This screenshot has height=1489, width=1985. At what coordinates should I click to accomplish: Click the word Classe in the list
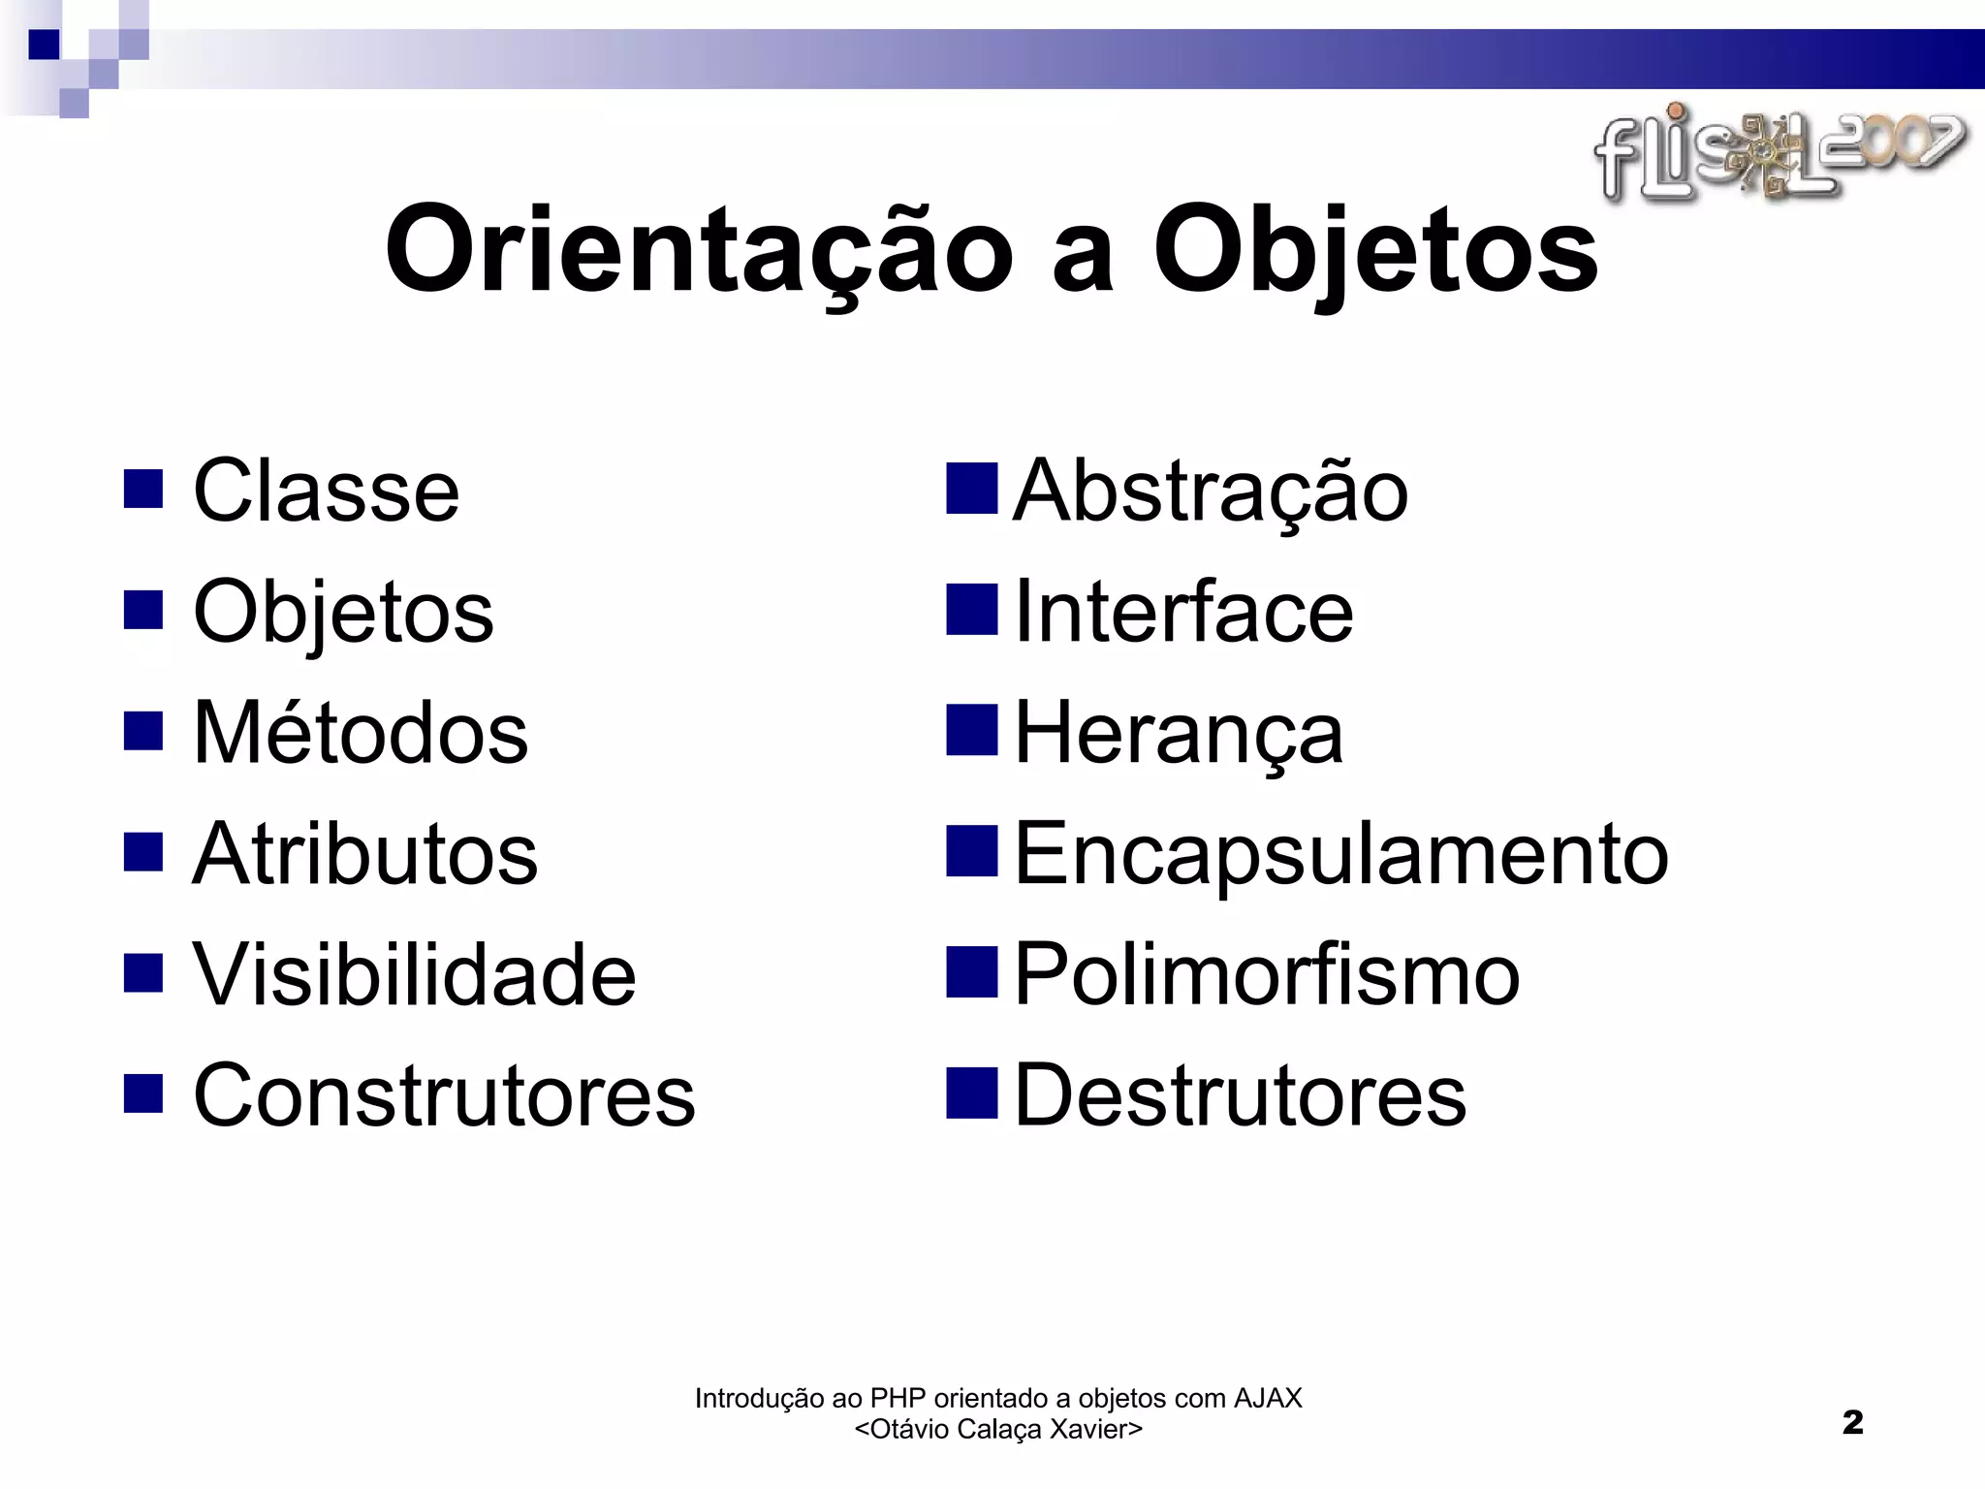(x=326, y=491)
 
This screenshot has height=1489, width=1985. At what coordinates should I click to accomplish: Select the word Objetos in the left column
(x=343, y=613)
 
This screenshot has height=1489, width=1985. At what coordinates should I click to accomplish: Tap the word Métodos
(x=361, y=734)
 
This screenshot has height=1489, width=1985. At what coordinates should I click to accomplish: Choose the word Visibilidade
(x=415, y=975)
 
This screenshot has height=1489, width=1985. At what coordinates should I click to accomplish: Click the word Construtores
(x=444, y=1096)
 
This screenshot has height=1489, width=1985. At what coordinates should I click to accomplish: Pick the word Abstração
(x=1210, y=491)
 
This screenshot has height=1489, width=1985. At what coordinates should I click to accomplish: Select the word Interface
(x=1183, y=613)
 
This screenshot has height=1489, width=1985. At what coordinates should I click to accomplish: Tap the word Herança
(x=1179, y=734)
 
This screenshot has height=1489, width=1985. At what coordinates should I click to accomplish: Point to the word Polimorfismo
(x=1267, y=975)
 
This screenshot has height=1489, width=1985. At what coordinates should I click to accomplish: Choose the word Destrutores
(x=1241, y=1096)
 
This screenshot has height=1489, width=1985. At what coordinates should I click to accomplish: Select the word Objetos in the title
(x=1375, y=250)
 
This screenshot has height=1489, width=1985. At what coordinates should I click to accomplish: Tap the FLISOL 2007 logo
(x=1780, y=155)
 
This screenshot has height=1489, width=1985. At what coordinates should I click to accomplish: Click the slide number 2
(x=1852, y=1423)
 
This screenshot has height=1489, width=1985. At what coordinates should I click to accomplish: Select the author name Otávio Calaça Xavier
(x=998, y=1429)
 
